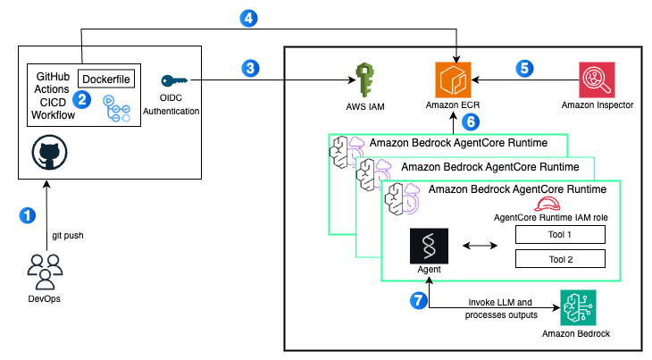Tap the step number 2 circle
82,100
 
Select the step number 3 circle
250,67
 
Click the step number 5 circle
525,67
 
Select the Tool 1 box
560,235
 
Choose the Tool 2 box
560,258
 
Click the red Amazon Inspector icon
596,79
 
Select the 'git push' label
67,236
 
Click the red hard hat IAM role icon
546,204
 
